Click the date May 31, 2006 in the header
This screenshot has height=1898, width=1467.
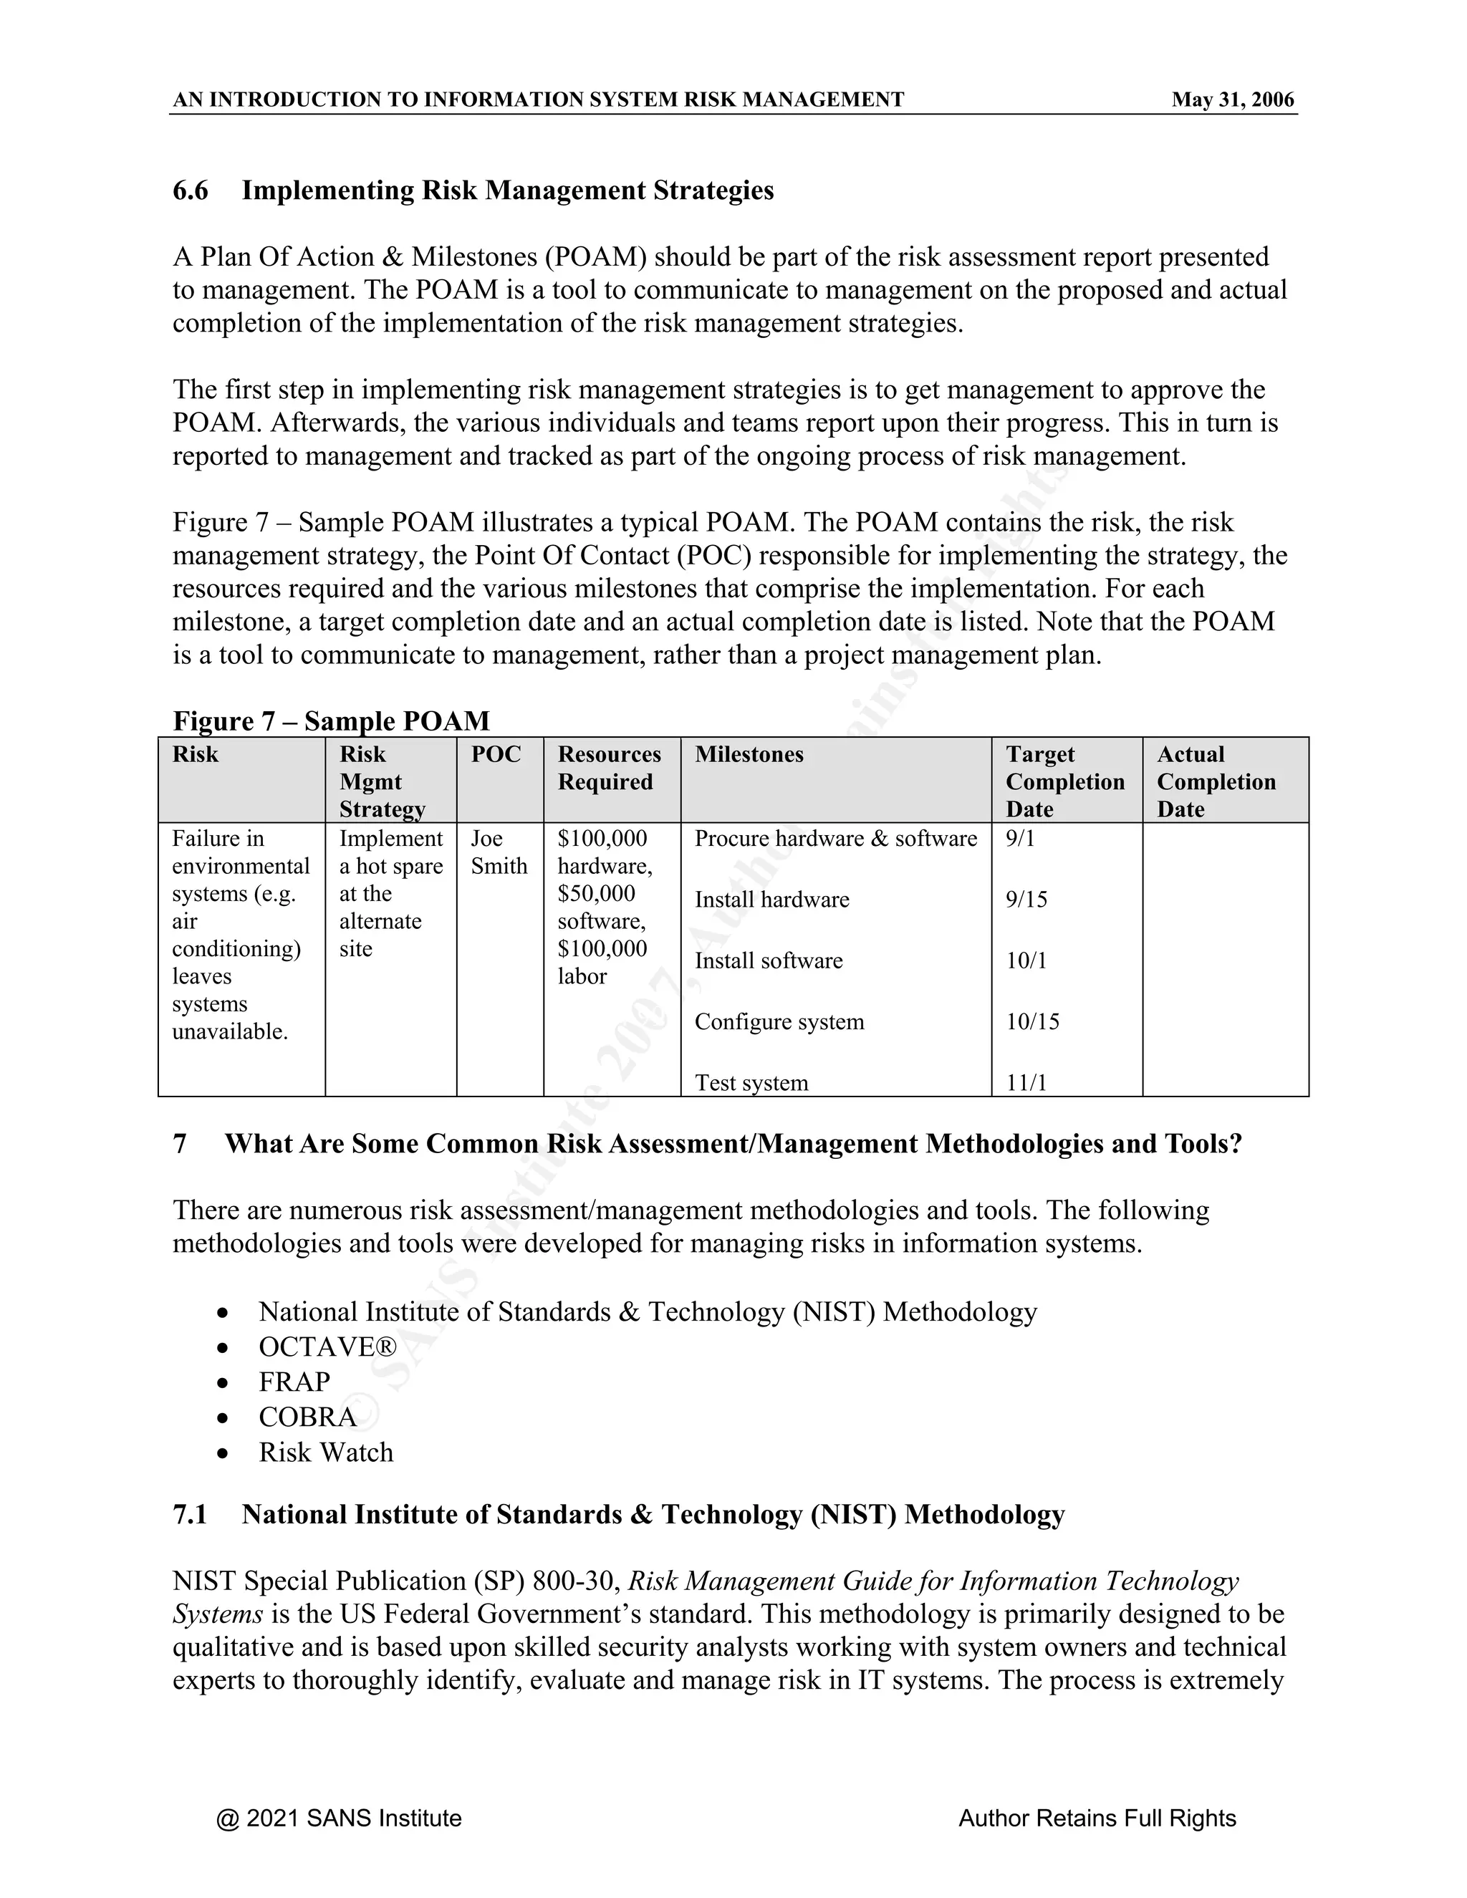[x=1232, y=100]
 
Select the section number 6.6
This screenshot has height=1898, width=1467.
[x=191, y=191]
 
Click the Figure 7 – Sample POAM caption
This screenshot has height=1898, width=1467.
[x=331, y=721]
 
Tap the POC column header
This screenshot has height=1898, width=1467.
[x=496, y=754]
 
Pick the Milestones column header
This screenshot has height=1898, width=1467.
[x=749, y=754]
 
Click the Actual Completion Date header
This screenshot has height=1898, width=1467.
[x=1216, y=781]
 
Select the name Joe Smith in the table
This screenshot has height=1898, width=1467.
[x=499, y=852]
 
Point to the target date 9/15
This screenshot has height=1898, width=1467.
[x=1026, y=900]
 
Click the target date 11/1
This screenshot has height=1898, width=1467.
[x=1026, y=1083]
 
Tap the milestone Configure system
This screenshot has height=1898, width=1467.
[x=779, y=1022]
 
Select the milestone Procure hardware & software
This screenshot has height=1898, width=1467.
[x=835, y=839]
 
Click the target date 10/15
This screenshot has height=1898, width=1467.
[x=1032, y=1022]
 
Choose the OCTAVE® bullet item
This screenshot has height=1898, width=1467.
[x=327, y=1347]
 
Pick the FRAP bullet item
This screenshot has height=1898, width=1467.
[x=294, y=1382]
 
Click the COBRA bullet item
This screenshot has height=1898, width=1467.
[x=307, y=1417]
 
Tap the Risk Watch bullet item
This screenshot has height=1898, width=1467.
[x=325, y=1453]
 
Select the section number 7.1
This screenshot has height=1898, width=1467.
[x=191, y=1515]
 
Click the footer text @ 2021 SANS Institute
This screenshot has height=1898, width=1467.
[x=339, y=1818]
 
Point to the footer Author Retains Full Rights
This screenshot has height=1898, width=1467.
[x=1097, y=1818]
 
